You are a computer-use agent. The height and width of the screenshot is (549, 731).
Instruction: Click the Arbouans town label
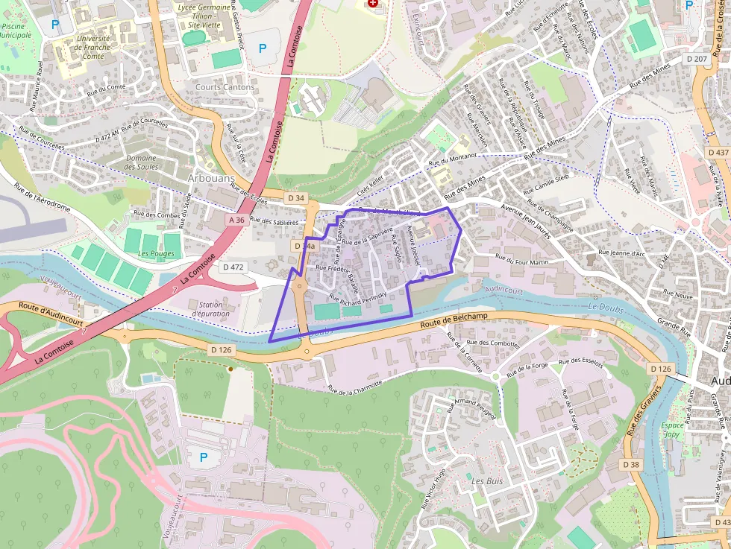[211, 179]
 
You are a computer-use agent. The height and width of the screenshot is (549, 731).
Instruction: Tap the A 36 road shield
[236, 220]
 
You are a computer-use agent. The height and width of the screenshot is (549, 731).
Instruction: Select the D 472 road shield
[233, 267]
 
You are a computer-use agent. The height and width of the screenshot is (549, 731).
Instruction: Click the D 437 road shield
[718, 152]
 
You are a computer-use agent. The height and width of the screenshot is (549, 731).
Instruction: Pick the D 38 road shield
[630, 465]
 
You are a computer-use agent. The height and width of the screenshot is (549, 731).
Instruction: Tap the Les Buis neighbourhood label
[487, 481]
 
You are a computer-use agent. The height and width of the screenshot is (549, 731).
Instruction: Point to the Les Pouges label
[156, 253]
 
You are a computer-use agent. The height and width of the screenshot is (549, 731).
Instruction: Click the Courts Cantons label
[225, 87]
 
